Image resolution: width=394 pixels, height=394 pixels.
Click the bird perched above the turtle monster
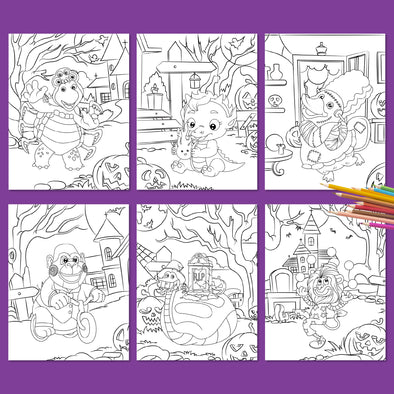click(97, 59)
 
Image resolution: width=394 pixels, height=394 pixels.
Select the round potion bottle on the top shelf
click(322, 47)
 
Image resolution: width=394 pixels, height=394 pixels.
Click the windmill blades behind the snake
click(151, 247)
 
